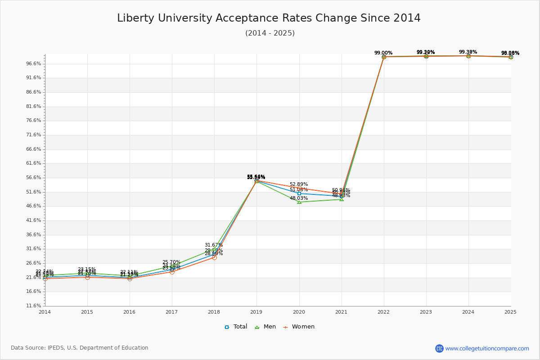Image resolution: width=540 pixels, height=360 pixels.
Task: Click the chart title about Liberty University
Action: click(x=269, y=18)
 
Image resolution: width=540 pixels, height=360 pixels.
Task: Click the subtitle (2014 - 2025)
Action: click(x=270, y=33)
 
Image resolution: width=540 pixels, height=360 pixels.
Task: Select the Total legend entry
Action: click(x=236, y=327)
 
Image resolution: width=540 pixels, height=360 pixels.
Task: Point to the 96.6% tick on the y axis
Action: click(x=34, y=64)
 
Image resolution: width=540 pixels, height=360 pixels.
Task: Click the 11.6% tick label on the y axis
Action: click(x=34, y=306)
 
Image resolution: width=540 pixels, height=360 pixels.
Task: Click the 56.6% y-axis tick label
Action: click(x=34, y=178)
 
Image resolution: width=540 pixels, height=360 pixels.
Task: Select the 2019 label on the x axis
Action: click(x=256, y=311)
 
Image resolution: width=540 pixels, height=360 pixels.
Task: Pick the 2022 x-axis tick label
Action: click(x=383, y=311)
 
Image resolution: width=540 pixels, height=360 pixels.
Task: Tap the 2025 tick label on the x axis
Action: click(x=510, y=311)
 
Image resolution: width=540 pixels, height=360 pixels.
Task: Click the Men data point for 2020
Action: click(x=299, y=202)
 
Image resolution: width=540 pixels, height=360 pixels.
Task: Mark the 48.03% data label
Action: click(x=299, y=198)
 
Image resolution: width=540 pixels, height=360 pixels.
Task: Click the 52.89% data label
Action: click(x=299, y=184)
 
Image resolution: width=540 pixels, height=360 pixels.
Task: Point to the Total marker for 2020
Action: click(x=299, y=193)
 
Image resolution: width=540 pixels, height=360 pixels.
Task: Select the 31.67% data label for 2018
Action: click(x=214, y=245)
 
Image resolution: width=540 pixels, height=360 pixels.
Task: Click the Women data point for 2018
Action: click(x=214, y=257)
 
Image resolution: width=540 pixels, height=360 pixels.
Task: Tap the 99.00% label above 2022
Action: click(x=383, y=53)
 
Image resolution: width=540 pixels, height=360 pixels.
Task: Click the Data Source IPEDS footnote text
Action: click(x=80, y=348)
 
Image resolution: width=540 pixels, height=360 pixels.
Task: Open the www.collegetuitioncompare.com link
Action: click(x=487, y=348)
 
